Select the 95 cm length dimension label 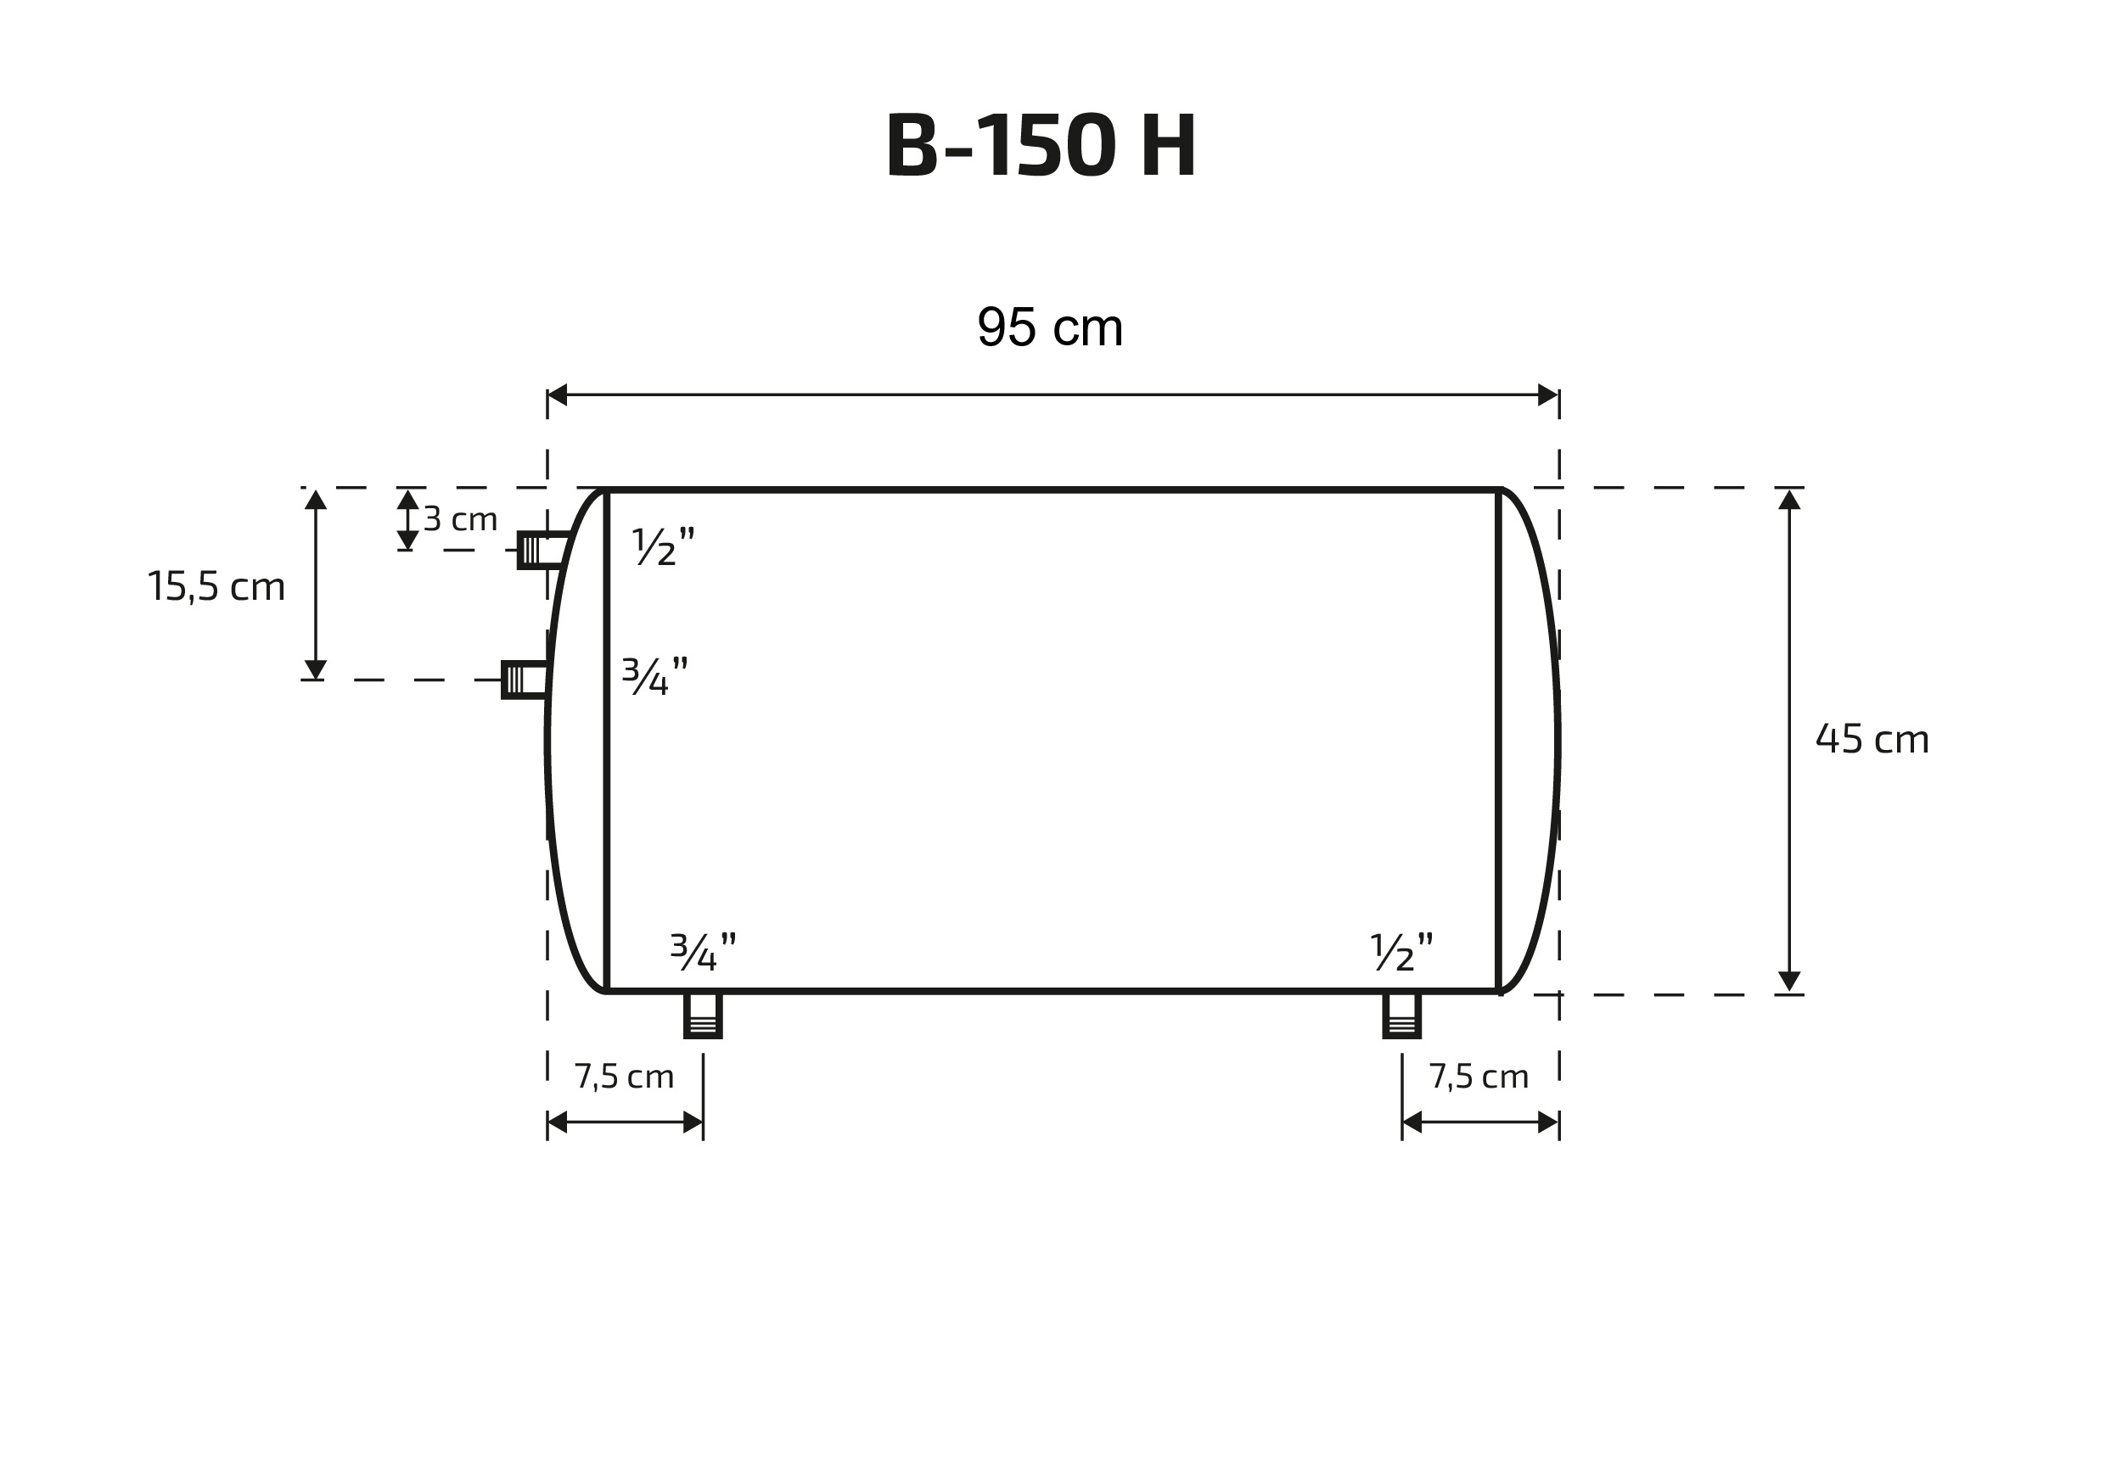[1050, 327]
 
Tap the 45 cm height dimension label [1872, 739]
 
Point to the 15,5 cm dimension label [216, 586]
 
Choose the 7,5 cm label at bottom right [1479, 1076]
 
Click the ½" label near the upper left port [663, 546]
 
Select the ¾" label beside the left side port [654, 675]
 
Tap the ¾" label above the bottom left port [703, 952]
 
